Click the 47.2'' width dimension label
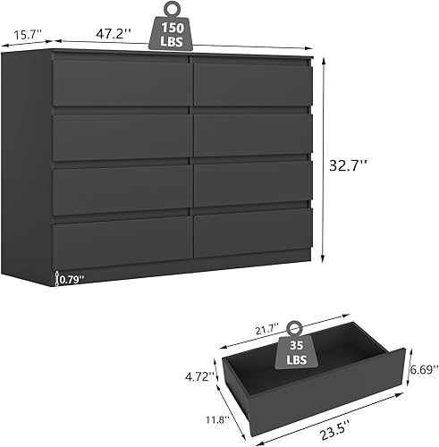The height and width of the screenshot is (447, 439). pos(115,33)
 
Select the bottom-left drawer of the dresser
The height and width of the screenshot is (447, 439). pos(121,243)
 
